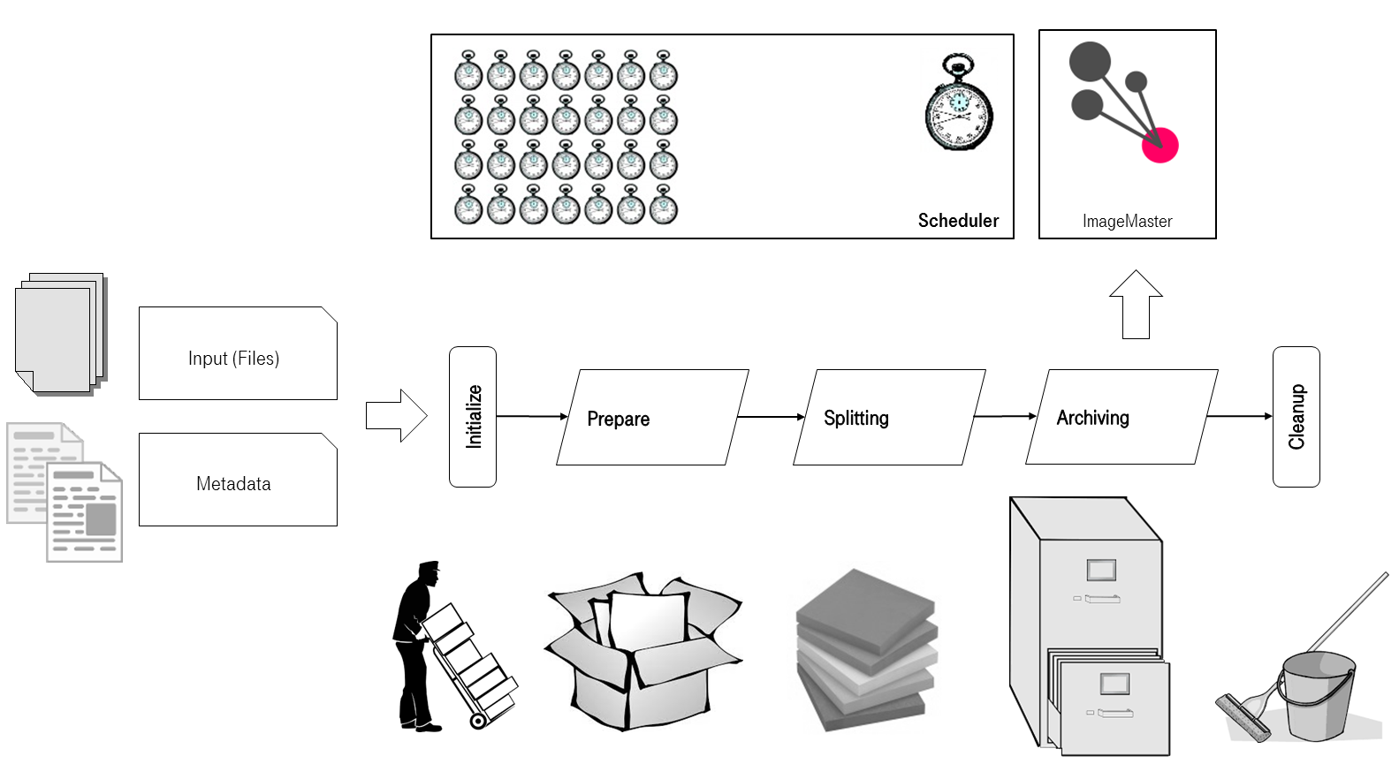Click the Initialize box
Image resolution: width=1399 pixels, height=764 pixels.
click(473, 416)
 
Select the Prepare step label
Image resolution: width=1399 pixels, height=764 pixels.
click(618, 419)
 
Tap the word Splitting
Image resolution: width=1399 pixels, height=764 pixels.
click(855, 418)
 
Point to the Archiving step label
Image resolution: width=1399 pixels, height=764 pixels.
click(1092, 418)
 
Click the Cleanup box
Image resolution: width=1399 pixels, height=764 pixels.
click(1296, 416)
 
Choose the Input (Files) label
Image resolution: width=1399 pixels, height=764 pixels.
click(233, 358)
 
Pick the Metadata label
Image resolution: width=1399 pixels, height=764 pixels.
click(233, 483)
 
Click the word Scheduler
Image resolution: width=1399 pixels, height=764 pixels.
click(958, 221)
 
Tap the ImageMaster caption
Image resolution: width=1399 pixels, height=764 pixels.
click(1127, 221)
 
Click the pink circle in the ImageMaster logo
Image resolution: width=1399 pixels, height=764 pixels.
click(1159, 145)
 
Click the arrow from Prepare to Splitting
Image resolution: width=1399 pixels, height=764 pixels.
click(771, 417)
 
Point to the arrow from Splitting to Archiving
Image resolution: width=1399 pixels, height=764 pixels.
click(1005, 416)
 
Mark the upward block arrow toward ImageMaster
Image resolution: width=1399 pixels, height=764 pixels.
click(1136, 304)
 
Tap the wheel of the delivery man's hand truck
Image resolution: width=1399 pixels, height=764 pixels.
click(478, 721)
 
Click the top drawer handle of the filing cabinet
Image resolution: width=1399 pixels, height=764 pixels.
click(1101, 599)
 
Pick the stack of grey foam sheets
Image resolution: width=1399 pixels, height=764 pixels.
click(864, 650)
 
